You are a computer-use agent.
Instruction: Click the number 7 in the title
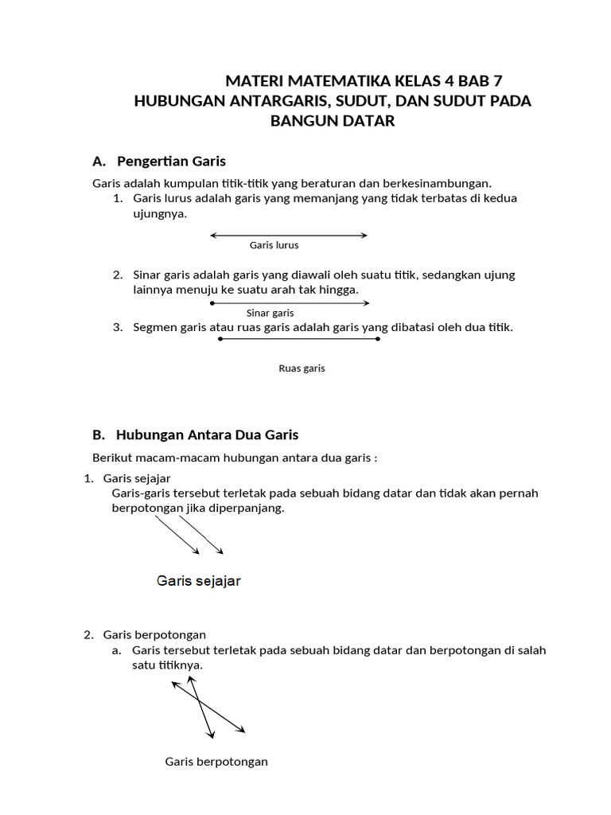pyautogui.click(x=497, y=81)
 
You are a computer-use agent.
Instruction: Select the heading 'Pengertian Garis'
pyautogui.click(x=171, y=162)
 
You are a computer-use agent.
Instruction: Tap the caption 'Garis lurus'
pyautogui.click(x=274, y=245)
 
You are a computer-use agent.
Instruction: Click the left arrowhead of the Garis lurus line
pyautogui.click(x=213, y=236)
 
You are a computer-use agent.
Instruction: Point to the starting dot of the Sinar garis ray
pyautogui.click(x=212, y=303)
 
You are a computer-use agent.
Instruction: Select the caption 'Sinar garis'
pyautogui.click(x=270, y=313)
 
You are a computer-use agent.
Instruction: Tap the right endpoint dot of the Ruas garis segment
pyautogui.click(x=378, y=339)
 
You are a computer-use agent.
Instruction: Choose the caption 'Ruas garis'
pyautogui.click(x=302, y=369)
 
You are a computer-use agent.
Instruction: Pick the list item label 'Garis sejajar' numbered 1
pyautogui.click(x=137, y=478)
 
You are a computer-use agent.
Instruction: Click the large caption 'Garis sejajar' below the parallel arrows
pyautogui.click(x=199, y=581)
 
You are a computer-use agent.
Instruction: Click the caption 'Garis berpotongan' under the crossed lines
pyautogui.click(x=216, y=762)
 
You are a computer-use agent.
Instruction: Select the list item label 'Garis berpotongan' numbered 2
pyautogui.click(x=154, y=634)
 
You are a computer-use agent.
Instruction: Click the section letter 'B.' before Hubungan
pyautogui.click(x=99, y=435)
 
